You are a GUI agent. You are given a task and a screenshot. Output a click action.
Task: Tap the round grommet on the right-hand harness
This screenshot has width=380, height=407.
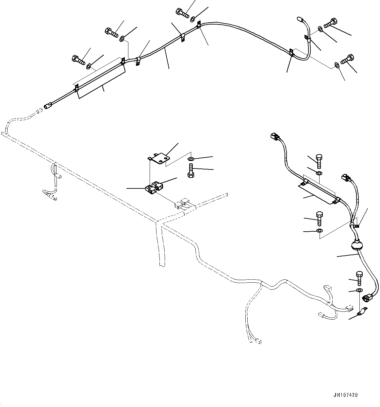click(x=357, y=245)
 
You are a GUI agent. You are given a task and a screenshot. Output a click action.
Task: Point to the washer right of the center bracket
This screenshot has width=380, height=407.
click(x=191, y=159)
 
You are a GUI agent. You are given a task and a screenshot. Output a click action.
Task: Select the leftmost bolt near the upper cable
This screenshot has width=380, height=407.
click(x=78, y=60)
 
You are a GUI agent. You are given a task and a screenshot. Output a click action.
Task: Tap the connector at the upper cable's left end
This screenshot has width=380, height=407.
click(x=48, y=106)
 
